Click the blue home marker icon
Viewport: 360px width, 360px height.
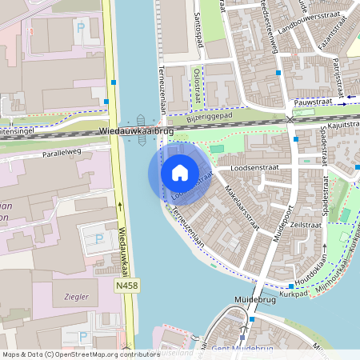[x=180, y=173]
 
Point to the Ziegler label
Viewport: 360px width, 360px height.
[x=76, y=296]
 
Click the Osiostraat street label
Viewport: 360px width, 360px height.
[x=198, y=86]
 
